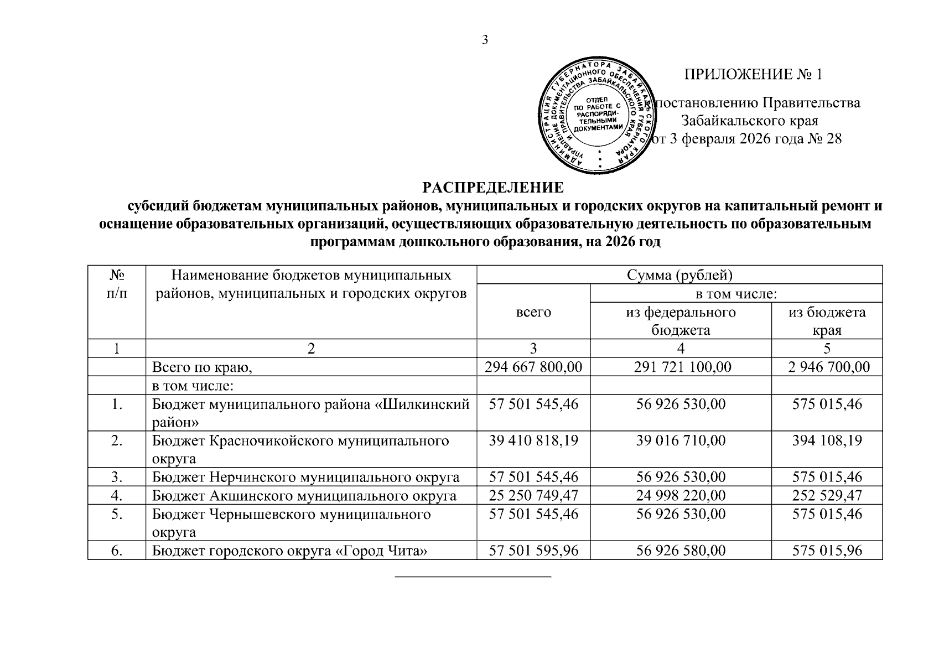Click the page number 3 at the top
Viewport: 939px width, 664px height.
485,40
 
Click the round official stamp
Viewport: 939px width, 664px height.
599,115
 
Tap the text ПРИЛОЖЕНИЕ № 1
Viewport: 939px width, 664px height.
754,75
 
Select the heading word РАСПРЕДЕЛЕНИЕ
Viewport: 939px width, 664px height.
494,188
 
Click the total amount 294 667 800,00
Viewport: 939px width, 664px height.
533,367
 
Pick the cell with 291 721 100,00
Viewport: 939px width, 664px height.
680,367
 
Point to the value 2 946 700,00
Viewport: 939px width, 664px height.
827,367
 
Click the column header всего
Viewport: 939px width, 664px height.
533,312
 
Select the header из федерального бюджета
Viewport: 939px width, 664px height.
680,321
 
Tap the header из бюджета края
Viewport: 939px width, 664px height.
827,321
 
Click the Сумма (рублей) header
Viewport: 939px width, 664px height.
679,275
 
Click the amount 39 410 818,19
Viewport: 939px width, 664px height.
533,440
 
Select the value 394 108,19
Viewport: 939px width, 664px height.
827,440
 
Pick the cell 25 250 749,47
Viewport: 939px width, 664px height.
533,495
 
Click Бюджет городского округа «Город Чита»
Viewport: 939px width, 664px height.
290,551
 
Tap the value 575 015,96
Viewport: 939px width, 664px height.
827,551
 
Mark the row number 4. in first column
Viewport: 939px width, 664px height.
116,495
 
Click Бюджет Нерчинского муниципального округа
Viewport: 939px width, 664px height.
306,477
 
